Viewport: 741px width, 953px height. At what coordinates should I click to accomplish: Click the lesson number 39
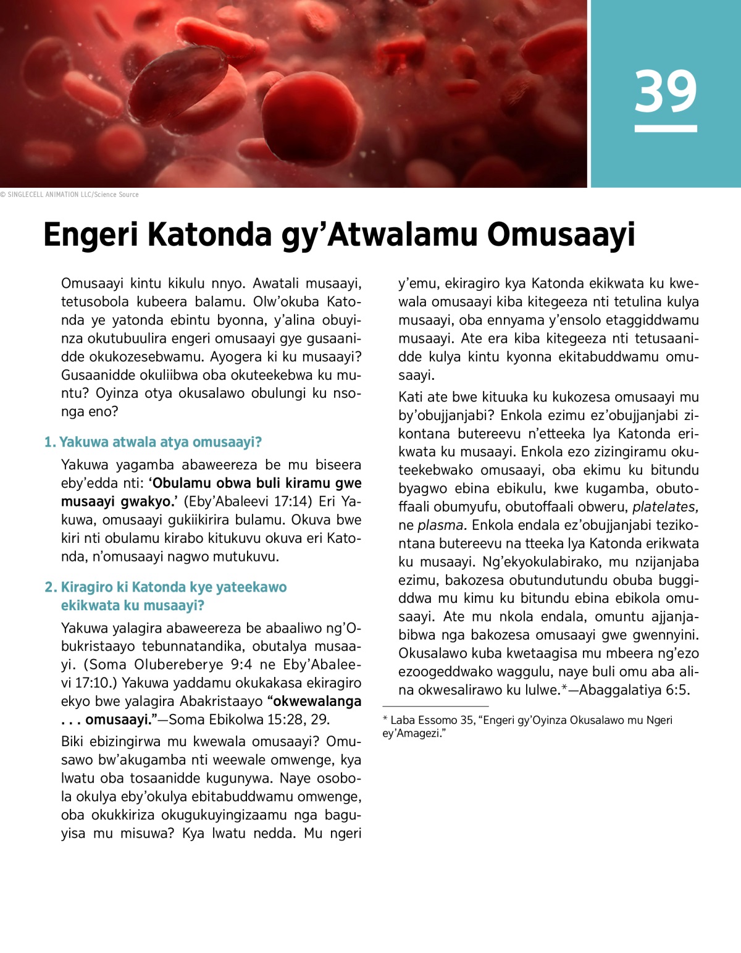[x=665, y=91]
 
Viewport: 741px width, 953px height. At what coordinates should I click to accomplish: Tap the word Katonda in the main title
[x=210, y=235]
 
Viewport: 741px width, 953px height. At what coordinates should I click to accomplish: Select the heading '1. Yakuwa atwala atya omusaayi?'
[x=153, y=442]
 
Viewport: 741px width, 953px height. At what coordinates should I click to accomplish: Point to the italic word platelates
[x=665, y=507]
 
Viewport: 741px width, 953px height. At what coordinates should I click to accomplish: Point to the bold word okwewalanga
[x=316, y=702]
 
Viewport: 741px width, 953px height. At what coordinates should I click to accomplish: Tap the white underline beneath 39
[x=665, y=128]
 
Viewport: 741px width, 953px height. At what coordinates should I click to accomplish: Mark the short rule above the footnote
[x=435, y=706]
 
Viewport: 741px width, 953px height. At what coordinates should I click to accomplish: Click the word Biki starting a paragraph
[x=75, y=742]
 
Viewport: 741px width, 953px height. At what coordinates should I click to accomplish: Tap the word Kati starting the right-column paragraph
[x=411, y=397]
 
